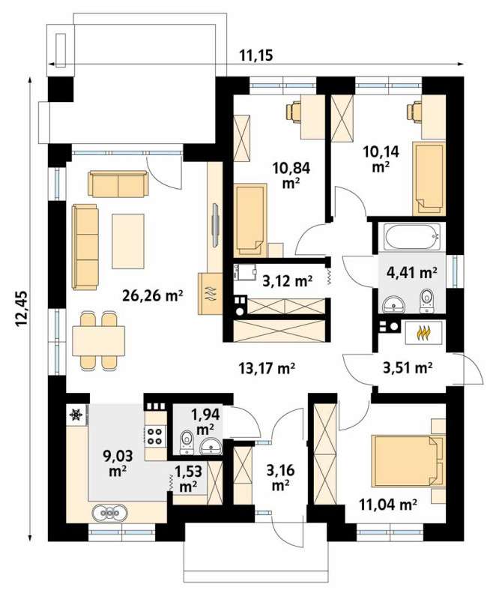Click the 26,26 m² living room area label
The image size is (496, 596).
pos(153,295)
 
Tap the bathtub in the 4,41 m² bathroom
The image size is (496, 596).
pos(412,237)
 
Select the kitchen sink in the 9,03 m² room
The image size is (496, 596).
pos(109,512)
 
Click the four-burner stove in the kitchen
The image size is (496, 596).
pos(155,436)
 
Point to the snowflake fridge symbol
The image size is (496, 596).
pos(76,415)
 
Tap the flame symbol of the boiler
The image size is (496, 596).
pos(423,333)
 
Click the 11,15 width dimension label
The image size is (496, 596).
pos(256,56)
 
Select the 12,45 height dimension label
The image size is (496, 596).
pos(22,310)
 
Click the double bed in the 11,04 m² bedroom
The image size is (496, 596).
pos(407,461)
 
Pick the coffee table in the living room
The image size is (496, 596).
pos(128,241)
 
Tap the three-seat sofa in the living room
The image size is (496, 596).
pos(85,247)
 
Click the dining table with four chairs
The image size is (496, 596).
pos(98,340)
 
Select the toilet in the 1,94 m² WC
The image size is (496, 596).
pos(186,443)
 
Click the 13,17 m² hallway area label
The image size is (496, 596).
pos(267,368)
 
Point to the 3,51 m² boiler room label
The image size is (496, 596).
pos(408,367)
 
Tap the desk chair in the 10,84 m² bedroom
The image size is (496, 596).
pos(294,112)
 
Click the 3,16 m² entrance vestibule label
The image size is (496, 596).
pos(280,478)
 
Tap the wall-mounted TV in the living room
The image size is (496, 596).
pos(215,226)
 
